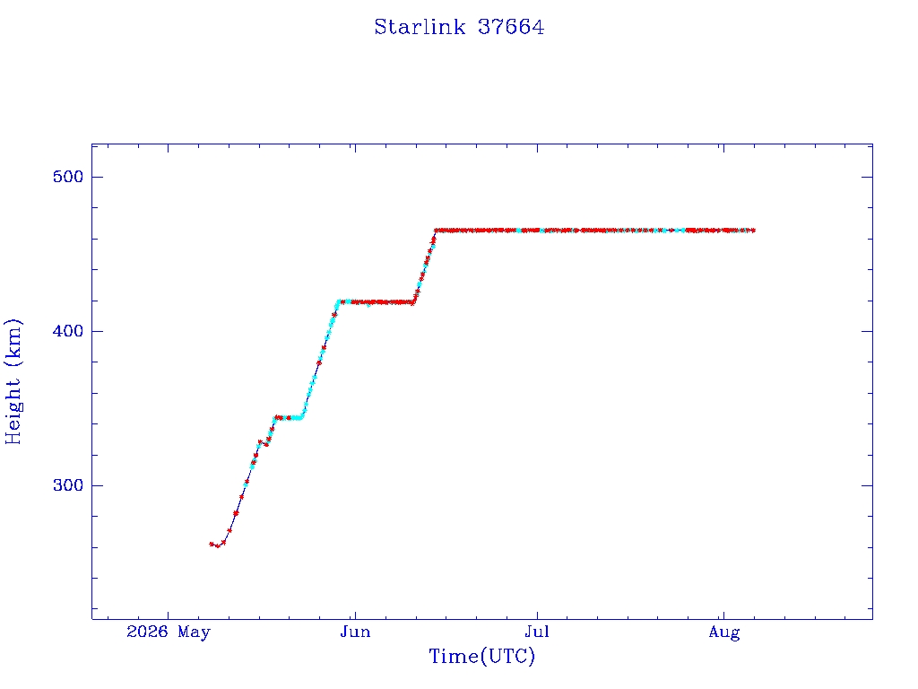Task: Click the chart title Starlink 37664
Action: coord(459,27)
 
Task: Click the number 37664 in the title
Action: coord(511,27)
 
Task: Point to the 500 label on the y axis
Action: coord(68,177)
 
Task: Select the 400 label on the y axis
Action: coord(68,331)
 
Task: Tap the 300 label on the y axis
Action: coord(68,485)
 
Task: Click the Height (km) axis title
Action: coord(13,381)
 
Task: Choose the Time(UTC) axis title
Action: coord(481,656)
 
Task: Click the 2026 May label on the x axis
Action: coord(168,632)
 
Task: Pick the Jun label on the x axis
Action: coord(355,632)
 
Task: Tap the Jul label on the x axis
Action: coord(537,632)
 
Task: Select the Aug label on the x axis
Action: coord(724,632)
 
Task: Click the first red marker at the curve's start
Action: coord(212,544)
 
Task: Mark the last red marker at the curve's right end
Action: coord(753,231)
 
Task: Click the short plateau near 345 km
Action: coord(289,418)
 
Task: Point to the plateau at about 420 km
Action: coord(376,302)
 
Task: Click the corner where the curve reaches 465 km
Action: coord(436,231)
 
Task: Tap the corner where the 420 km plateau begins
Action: coord(338,301)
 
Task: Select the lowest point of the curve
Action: coord(217,546)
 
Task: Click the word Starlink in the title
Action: coord(420,27)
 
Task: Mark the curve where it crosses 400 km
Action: coord(328,331)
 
